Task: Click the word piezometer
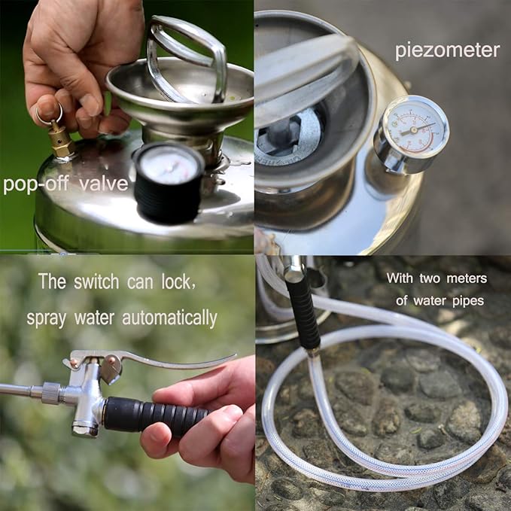point(447,50)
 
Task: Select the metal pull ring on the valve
point(48,113)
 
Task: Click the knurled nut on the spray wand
point(52,392)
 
